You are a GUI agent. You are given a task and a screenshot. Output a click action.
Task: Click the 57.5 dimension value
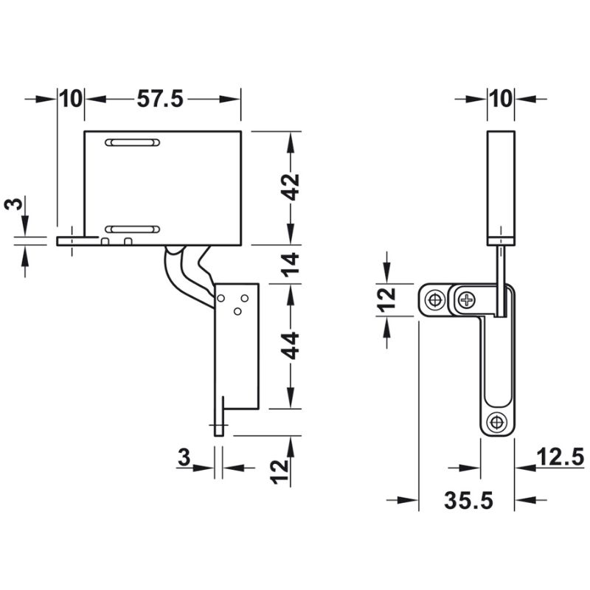point(160,99)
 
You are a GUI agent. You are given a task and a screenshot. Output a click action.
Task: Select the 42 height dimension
point(291,187)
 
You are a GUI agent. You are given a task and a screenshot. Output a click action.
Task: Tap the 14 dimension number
point(291,265)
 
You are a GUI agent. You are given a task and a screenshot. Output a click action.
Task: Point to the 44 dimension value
point(291,345)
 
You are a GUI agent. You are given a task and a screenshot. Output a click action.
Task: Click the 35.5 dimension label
point(468,501)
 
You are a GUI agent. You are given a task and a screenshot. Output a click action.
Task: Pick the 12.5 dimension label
point(560,457)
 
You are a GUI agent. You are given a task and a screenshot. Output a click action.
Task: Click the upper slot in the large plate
point(133,142)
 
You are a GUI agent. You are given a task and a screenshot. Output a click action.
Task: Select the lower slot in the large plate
point(133,229)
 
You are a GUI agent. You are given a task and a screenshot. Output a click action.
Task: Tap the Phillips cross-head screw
point(468,300)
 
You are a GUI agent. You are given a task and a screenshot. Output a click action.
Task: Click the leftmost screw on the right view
point(435,300)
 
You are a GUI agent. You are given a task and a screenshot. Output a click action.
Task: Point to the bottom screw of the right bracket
point(496,422)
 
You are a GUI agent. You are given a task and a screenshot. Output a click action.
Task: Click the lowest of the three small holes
point(237,311)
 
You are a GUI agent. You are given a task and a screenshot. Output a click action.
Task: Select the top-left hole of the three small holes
point(221,299)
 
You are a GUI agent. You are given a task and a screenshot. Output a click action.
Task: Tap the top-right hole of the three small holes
point(245,299)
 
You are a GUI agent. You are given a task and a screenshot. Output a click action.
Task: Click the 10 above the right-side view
point(502,99)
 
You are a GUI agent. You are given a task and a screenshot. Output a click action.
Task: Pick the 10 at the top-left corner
point(71,99)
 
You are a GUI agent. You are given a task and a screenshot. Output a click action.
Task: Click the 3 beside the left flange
point(13,204)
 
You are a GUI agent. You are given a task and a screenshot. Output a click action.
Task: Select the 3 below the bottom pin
point(184,458)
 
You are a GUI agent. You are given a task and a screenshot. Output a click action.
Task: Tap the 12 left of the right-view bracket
point(386,300)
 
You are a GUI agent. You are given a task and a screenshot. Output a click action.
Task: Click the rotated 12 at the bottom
point(280,472)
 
